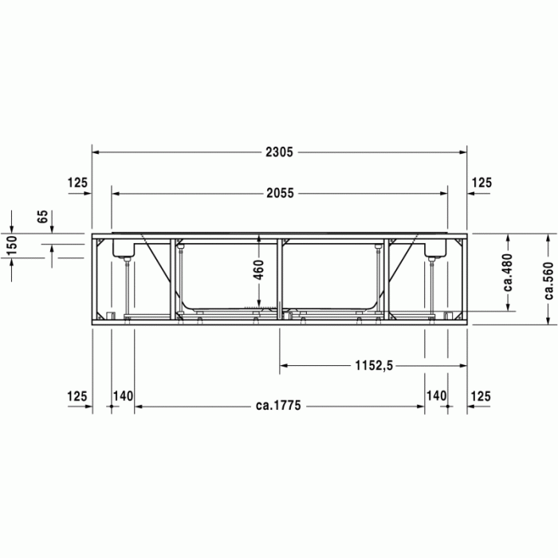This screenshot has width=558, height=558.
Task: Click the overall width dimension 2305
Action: [x=278, y=151]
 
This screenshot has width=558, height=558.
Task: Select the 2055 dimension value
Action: [x=278, y=192]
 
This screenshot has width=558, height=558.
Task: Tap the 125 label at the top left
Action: [x=77, y=183]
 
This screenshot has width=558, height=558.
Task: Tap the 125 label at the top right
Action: [x=481, y=183]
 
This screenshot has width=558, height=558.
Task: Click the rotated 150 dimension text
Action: [x=12, y=246]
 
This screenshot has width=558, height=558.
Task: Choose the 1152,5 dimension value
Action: [x=373, y=366]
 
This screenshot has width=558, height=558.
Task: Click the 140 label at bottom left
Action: [x=122, y=395]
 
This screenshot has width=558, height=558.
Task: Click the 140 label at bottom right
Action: [x=435, y=395]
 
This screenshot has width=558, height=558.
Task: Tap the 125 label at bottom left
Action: [x=77, y=395]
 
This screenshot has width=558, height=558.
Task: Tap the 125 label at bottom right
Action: [x=481, y=395]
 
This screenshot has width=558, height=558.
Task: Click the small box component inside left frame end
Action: [x=124, y=248]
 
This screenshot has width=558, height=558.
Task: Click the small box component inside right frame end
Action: [x=434, y=248]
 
